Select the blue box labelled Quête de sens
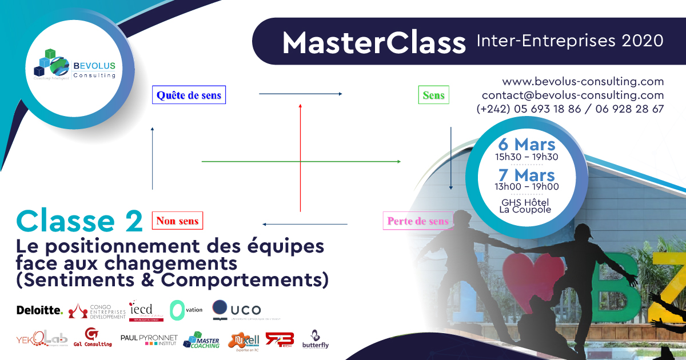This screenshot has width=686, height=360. tap(189, 95)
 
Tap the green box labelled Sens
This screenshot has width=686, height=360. tap(433, 95)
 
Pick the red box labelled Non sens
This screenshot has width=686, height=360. tap(177, 220)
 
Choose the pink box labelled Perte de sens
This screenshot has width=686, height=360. tap(418, 220)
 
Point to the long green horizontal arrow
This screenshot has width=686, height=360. tap(301, 162)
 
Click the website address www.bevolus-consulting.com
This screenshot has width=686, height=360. tap(583, 81)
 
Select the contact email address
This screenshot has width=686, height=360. tap(573, 95)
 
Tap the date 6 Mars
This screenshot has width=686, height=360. tap(527, 145)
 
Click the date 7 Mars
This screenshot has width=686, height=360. tap(527, 174)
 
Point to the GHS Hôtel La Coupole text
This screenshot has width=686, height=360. tap(526, 205)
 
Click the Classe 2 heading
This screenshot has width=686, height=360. tap(79, 221)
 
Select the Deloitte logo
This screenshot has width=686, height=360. tap(39, 310)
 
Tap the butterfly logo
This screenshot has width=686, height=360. tap(316, 340)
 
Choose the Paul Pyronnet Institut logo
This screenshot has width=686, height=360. tap(149, 340)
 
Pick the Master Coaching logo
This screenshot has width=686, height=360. tap(201, 340)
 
